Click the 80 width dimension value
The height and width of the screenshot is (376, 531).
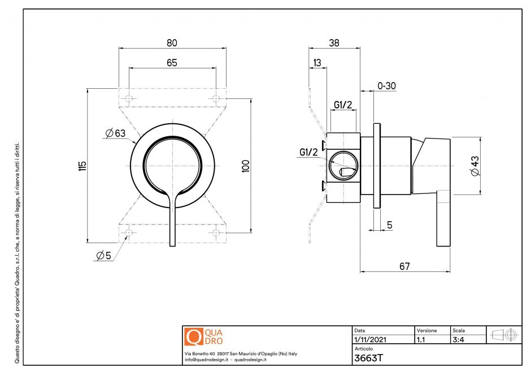[x=172, y=43]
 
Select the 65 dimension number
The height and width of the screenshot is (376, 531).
[x=172, y=62]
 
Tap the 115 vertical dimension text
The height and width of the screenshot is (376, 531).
[x=82, y=165]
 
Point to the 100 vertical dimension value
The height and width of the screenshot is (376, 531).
[x=245, y=165]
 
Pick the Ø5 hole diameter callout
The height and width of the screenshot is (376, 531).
[x=103, y=256]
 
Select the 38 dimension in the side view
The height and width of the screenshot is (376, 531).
[x=334, y=43]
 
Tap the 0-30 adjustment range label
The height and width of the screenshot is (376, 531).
[x=386, y=86]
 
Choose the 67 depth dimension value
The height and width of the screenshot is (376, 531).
[x=404, y=266]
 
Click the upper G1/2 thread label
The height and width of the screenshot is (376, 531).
[x=343, y=105]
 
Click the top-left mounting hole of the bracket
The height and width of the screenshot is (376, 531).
[x=129, y=99]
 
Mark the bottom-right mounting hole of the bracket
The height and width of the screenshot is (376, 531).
[x=216, y=232]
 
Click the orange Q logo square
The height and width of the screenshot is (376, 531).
[x=193, y=336]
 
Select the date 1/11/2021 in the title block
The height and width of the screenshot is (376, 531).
[x=369, y=340]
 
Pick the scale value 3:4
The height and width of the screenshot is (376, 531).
[x=459, y=340]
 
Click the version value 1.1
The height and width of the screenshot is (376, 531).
[x=421, y=340]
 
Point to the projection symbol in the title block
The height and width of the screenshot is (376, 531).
[x=503, y=334]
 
